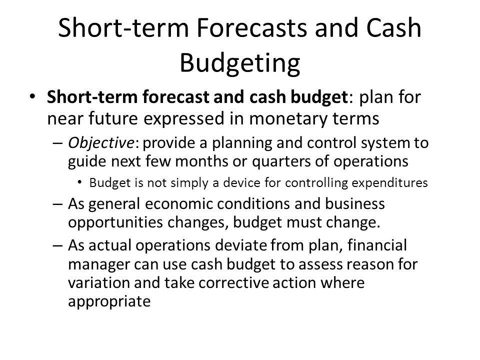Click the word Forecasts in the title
pos(239,29)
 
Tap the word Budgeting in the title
pos(239,64)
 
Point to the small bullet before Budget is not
pos(81,183)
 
